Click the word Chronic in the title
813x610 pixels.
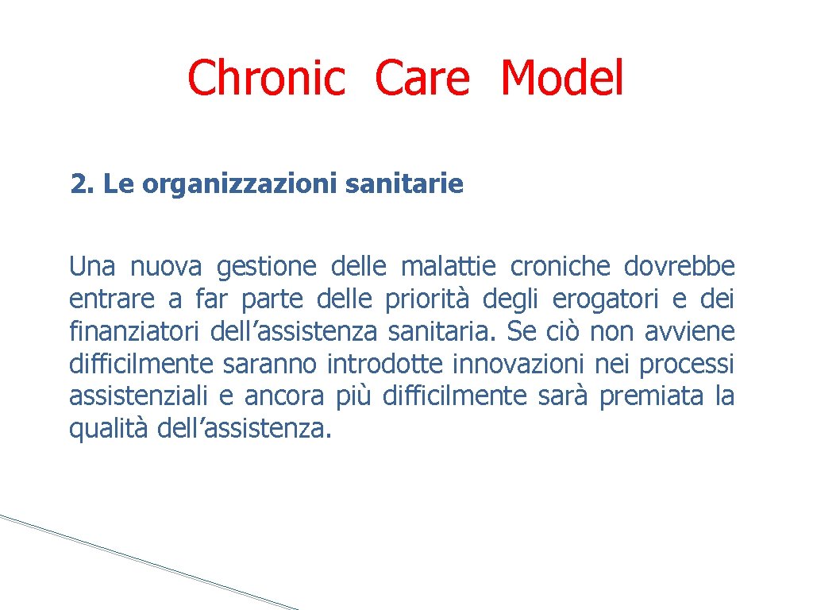click(x=267, y=79)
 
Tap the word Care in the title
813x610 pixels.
click(x=422, y=79)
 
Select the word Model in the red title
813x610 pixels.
click(x=562, y=79)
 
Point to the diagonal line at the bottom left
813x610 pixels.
click(x=143, y=561)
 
